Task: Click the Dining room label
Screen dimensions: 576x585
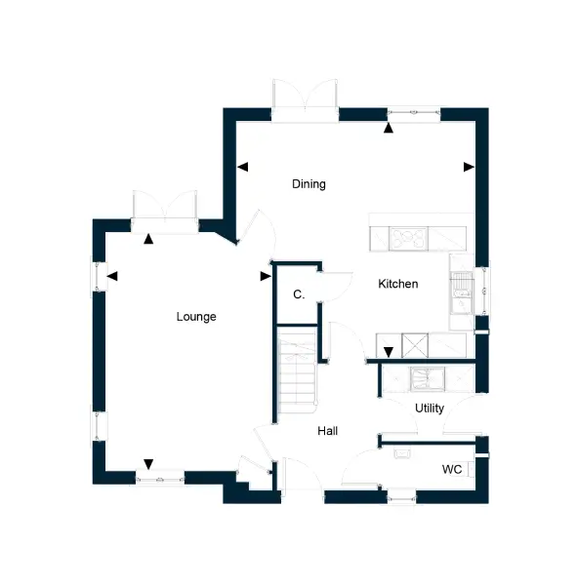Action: [309, 184]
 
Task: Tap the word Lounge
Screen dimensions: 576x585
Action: [196, 317]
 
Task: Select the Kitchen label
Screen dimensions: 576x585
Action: [397, 284]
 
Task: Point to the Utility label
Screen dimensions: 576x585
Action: [430, 409]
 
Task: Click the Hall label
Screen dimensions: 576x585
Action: [328, 431]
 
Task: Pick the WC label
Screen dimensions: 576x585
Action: [452, 469]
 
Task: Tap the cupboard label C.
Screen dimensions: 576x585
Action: [299, 294]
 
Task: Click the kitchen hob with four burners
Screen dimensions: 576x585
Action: [408, 239]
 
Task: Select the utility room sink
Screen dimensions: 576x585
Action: [428, 380]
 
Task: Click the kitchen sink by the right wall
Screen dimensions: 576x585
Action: [462, 293]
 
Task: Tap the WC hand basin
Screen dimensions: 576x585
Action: [402, 453]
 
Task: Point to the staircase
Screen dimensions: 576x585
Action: [297, 370]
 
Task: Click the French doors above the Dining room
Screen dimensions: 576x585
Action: [305, 100]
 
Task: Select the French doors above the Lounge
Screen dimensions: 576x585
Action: [165, 212]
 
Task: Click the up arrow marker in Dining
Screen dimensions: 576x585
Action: [389, 128]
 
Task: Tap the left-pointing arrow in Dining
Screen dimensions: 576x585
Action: [243, 167]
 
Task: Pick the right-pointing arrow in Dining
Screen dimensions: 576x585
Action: [469, 167]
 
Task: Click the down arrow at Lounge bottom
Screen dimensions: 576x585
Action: [148, 464]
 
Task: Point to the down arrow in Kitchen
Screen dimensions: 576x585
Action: [389, 352]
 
